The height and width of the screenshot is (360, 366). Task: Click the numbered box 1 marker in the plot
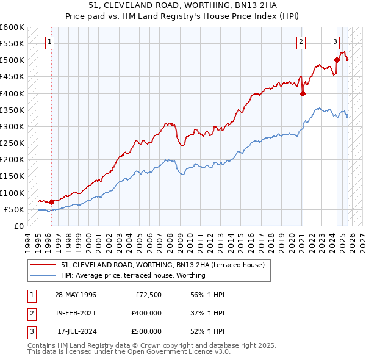(49, 42)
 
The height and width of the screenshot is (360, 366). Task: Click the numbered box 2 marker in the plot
(301, 42)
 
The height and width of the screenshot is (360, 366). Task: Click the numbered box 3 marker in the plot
(335, 42)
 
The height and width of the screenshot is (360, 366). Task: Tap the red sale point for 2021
(303, 93)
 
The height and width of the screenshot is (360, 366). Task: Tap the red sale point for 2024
(337, 60)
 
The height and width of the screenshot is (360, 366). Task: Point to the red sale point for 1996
(51, 201)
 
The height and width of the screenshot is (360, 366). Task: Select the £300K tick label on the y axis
(12, 126)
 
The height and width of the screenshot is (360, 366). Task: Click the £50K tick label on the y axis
(15, 209)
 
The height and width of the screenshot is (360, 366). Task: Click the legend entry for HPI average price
(133, 275)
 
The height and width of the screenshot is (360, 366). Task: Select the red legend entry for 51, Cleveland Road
(162, 265)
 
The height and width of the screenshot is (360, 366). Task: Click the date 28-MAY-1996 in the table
(76, 295)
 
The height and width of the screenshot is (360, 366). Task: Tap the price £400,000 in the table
(146, 312)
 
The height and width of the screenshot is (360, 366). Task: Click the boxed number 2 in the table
(32, 312)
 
